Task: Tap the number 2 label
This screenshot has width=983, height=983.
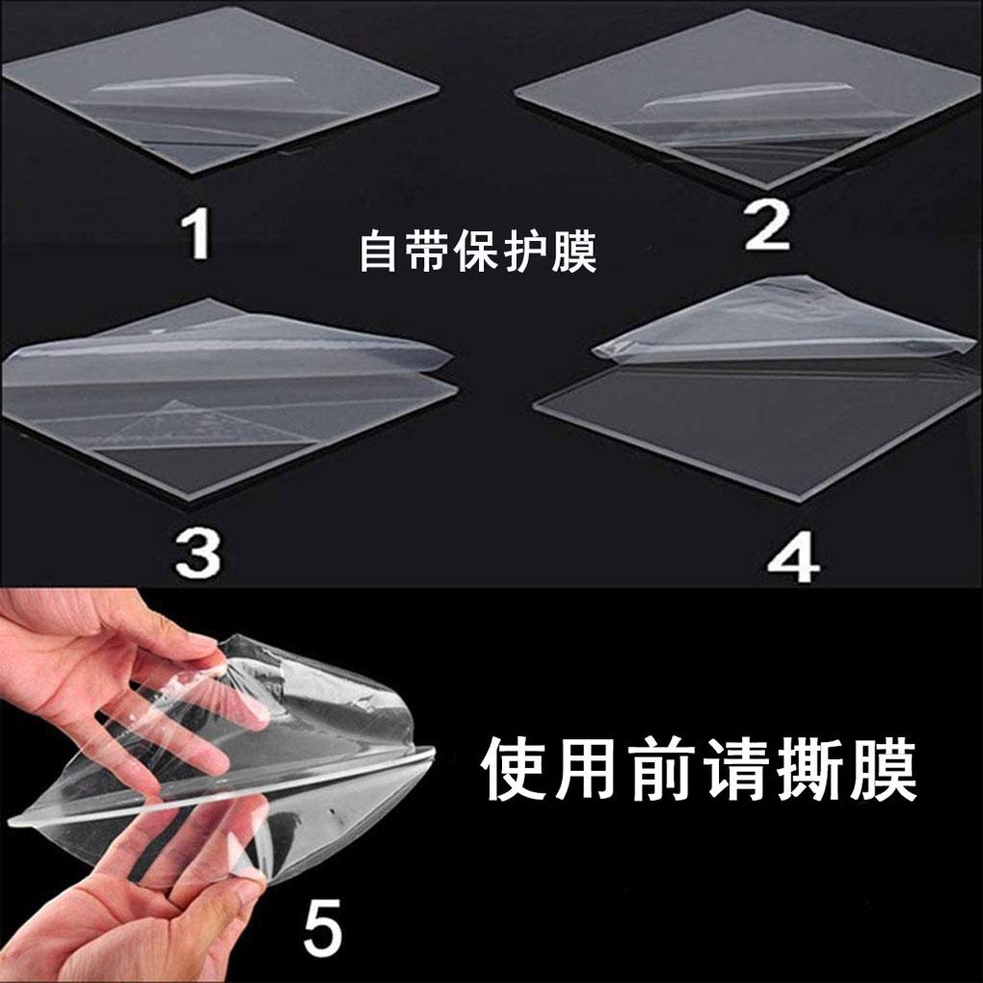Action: click(767, 226)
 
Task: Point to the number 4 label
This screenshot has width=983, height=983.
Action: click(794, 557)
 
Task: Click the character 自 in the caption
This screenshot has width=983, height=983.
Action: click(378, 251)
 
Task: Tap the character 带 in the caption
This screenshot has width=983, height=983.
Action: click(426, 251)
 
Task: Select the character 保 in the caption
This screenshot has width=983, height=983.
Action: click(475, 251)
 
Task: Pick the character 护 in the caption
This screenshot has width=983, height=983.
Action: click(524, 251)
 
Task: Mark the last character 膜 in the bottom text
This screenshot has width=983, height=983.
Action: click(885, 769)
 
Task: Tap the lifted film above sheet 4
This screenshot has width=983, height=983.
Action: click(784, 323)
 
